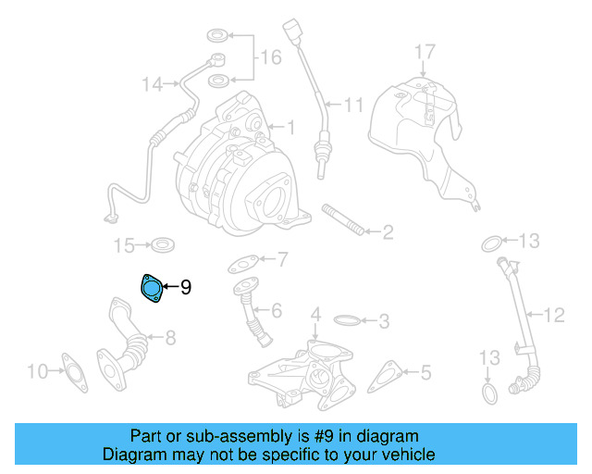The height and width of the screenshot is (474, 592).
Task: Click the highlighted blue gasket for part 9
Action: click(x=151, y=288)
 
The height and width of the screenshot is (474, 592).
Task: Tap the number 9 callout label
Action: click(x=186, y=288)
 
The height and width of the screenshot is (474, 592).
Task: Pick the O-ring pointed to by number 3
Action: click(x=346, y=322)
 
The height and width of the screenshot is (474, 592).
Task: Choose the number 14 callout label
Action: click(x=153, y=85)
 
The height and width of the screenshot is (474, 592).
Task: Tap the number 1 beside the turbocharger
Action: click(x=290, y=127)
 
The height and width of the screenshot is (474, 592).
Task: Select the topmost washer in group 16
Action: click(x=216, y=36)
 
